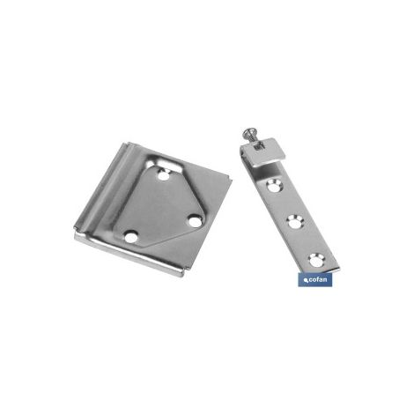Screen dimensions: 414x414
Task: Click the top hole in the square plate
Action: point(164,176)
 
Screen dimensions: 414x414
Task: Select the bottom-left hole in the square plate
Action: point(131,237)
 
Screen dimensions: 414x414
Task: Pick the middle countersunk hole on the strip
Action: point(295,222)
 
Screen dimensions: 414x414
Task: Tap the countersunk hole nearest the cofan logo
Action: point(316,260)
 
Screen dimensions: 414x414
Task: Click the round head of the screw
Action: point(248,133)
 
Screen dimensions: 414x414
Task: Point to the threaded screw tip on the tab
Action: point(259,145)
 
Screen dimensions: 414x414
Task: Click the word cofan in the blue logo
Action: point(317,279)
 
